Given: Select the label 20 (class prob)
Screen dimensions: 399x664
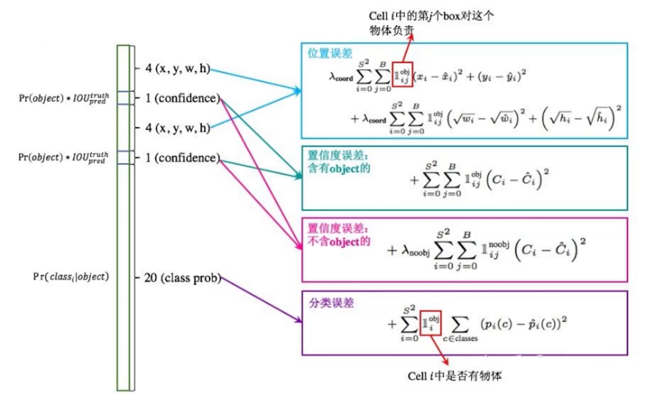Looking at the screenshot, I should [x=183, y=278].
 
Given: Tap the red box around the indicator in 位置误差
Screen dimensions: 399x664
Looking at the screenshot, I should [x=402, y=74].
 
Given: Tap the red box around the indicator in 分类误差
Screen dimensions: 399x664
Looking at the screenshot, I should [x=431, y=323].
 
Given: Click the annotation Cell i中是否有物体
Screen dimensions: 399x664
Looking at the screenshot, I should [x=455, y=376].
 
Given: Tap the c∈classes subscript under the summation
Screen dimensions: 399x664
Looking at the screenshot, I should [x=460, y=338].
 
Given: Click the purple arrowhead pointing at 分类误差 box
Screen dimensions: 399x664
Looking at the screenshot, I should [x=299, y=320].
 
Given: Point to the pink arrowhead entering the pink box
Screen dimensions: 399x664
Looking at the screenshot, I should [x=300, y=248].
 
